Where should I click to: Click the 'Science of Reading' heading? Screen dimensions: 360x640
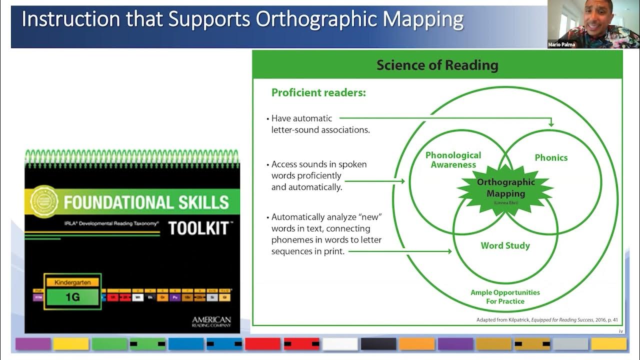tap(437, 65)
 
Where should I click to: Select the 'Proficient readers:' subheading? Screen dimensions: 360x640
tap(318, 92)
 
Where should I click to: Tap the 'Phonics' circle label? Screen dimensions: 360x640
tap(551, 157)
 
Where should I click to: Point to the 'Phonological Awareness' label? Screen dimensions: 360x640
tap(453, 160)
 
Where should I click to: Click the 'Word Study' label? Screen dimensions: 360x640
tap(505, 245)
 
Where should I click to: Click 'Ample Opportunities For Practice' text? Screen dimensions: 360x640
tap(505, 296)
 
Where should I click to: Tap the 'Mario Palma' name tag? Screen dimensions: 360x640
tap(561, 44)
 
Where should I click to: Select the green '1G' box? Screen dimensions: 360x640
tap(72, 297)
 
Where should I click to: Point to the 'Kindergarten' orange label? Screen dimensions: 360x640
tap(72, 282)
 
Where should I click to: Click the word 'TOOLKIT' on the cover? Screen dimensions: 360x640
tap(198, 228)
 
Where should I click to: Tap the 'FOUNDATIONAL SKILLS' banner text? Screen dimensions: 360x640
tap(146, 202)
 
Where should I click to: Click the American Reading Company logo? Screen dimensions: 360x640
tap(211, 321)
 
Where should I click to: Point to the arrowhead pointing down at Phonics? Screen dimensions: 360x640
tap(551, 123)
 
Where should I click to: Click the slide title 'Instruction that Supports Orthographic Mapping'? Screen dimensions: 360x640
tap(242, 19)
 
